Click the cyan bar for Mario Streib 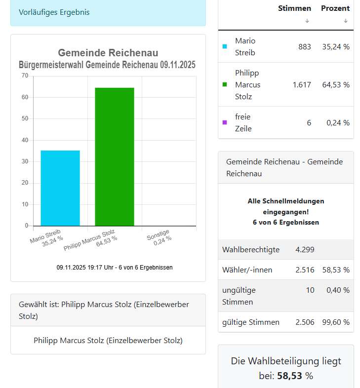[x=60, y=188]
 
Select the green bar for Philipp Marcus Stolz [x=114, y=156]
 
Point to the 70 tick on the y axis [x=25, y=76]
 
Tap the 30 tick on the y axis [x=25, y=161]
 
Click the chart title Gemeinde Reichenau [x=108, y=53]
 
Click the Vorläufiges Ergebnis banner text [x=54, y=12]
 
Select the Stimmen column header [x=294, y=8]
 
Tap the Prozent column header [x=335, y=8]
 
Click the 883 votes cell [x=305, y=47]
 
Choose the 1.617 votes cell [x=302, y=85]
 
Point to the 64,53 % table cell [x=336, y=85]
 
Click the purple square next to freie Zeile [x=225, y=123]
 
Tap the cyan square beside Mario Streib [x=225, y=47]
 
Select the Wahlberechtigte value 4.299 [x=305, y=250]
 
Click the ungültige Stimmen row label [x=239, y=296]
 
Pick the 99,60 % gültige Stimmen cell [x=336, y=322]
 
